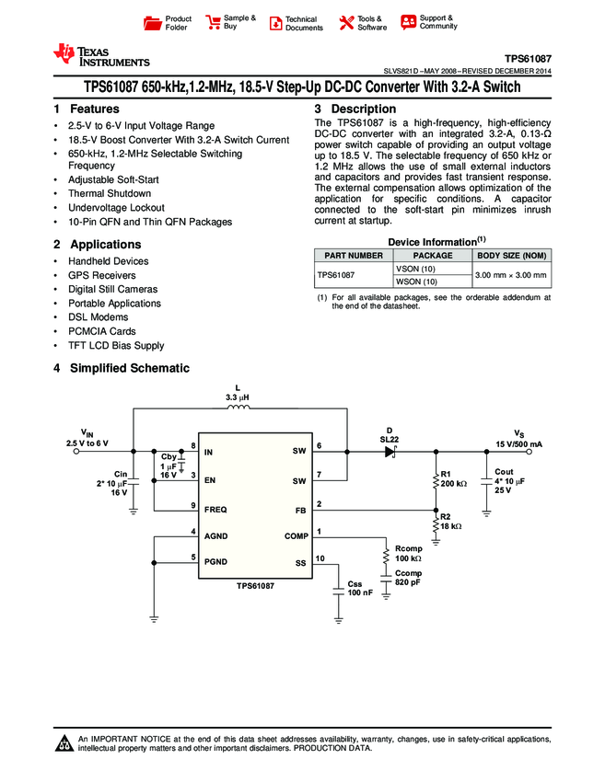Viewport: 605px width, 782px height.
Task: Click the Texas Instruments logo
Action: point(101,55)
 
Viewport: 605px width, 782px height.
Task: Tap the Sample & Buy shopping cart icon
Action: point(213,22)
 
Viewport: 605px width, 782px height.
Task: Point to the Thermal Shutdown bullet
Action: point(109,194)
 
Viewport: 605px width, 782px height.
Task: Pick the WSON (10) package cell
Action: point(415,282)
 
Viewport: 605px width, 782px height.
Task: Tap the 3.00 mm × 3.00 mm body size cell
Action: point(510,275)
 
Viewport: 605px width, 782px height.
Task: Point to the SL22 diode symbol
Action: point(390,452)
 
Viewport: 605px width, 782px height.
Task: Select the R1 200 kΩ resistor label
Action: point(453,478)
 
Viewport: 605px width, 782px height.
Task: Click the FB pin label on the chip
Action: point(300,509)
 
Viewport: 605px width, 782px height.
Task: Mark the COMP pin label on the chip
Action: point(297,535)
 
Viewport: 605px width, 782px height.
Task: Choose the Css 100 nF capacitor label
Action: point(359,589)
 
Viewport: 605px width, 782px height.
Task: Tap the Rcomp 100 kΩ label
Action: point(408,554)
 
